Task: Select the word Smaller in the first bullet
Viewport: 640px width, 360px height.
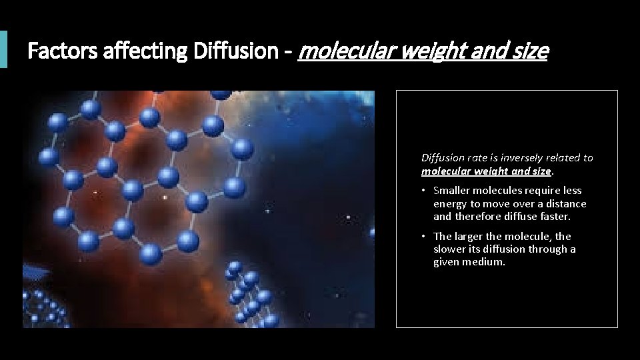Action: click(451, 191)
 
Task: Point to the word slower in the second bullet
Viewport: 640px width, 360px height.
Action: click(449, 249)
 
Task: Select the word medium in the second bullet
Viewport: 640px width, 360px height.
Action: click(489, 262)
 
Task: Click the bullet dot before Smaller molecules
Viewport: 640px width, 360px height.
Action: click(424, 191)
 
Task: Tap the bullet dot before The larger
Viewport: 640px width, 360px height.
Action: click(424, 236)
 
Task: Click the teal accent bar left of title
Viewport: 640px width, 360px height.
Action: click(3, 49)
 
